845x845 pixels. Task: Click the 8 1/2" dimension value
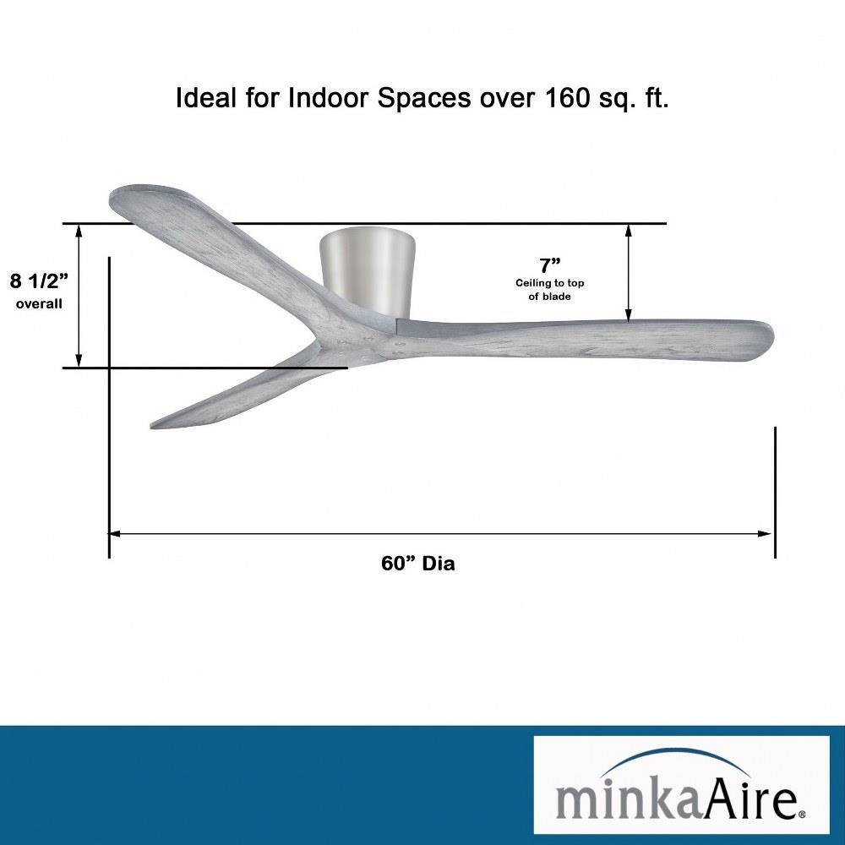[x=40, y=281]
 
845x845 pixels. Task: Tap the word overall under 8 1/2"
[x=39, y=304]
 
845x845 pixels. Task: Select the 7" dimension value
[x=550, y=265]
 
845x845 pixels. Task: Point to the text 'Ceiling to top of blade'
[x=550, y=289]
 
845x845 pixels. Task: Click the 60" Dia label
[x=417, y=563]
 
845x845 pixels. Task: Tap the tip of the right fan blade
[x=774, y=336]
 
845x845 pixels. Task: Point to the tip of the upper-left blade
[x=112, y=194]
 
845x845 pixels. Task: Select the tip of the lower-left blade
[x=151, y=427]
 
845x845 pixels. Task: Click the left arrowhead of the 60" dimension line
[x=114, y=533]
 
